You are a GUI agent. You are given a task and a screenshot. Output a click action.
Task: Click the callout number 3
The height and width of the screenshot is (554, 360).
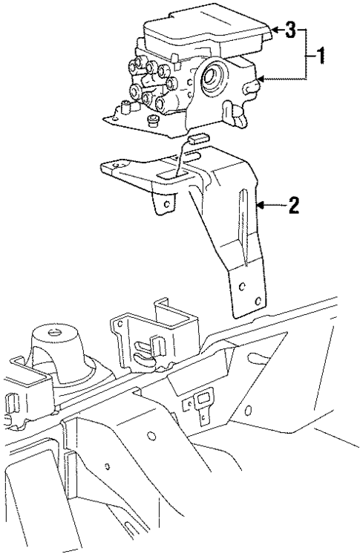291,30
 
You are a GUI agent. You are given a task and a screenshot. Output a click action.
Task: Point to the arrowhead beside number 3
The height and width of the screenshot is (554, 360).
273,30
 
